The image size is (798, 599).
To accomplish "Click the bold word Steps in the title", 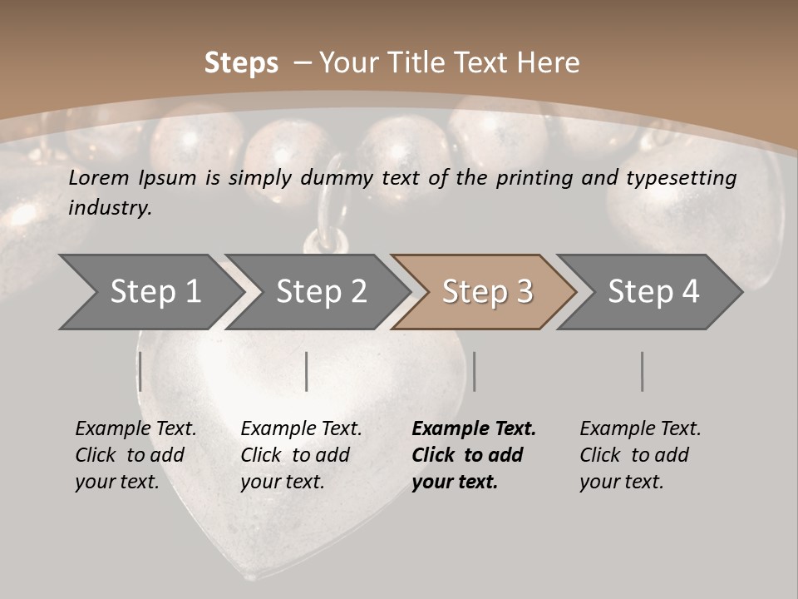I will (x=241, y=63).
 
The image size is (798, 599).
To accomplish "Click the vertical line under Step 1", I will (x=140, y=371).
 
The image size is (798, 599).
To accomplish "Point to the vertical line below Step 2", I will (x=307, y=371).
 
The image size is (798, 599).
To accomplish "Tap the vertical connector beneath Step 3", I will (x=474, y=371).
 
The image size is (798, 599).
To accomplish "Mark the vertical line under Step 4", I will (x=642, y=371).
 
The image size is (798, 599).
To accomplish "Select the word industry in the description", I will (x=110, y=208).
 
